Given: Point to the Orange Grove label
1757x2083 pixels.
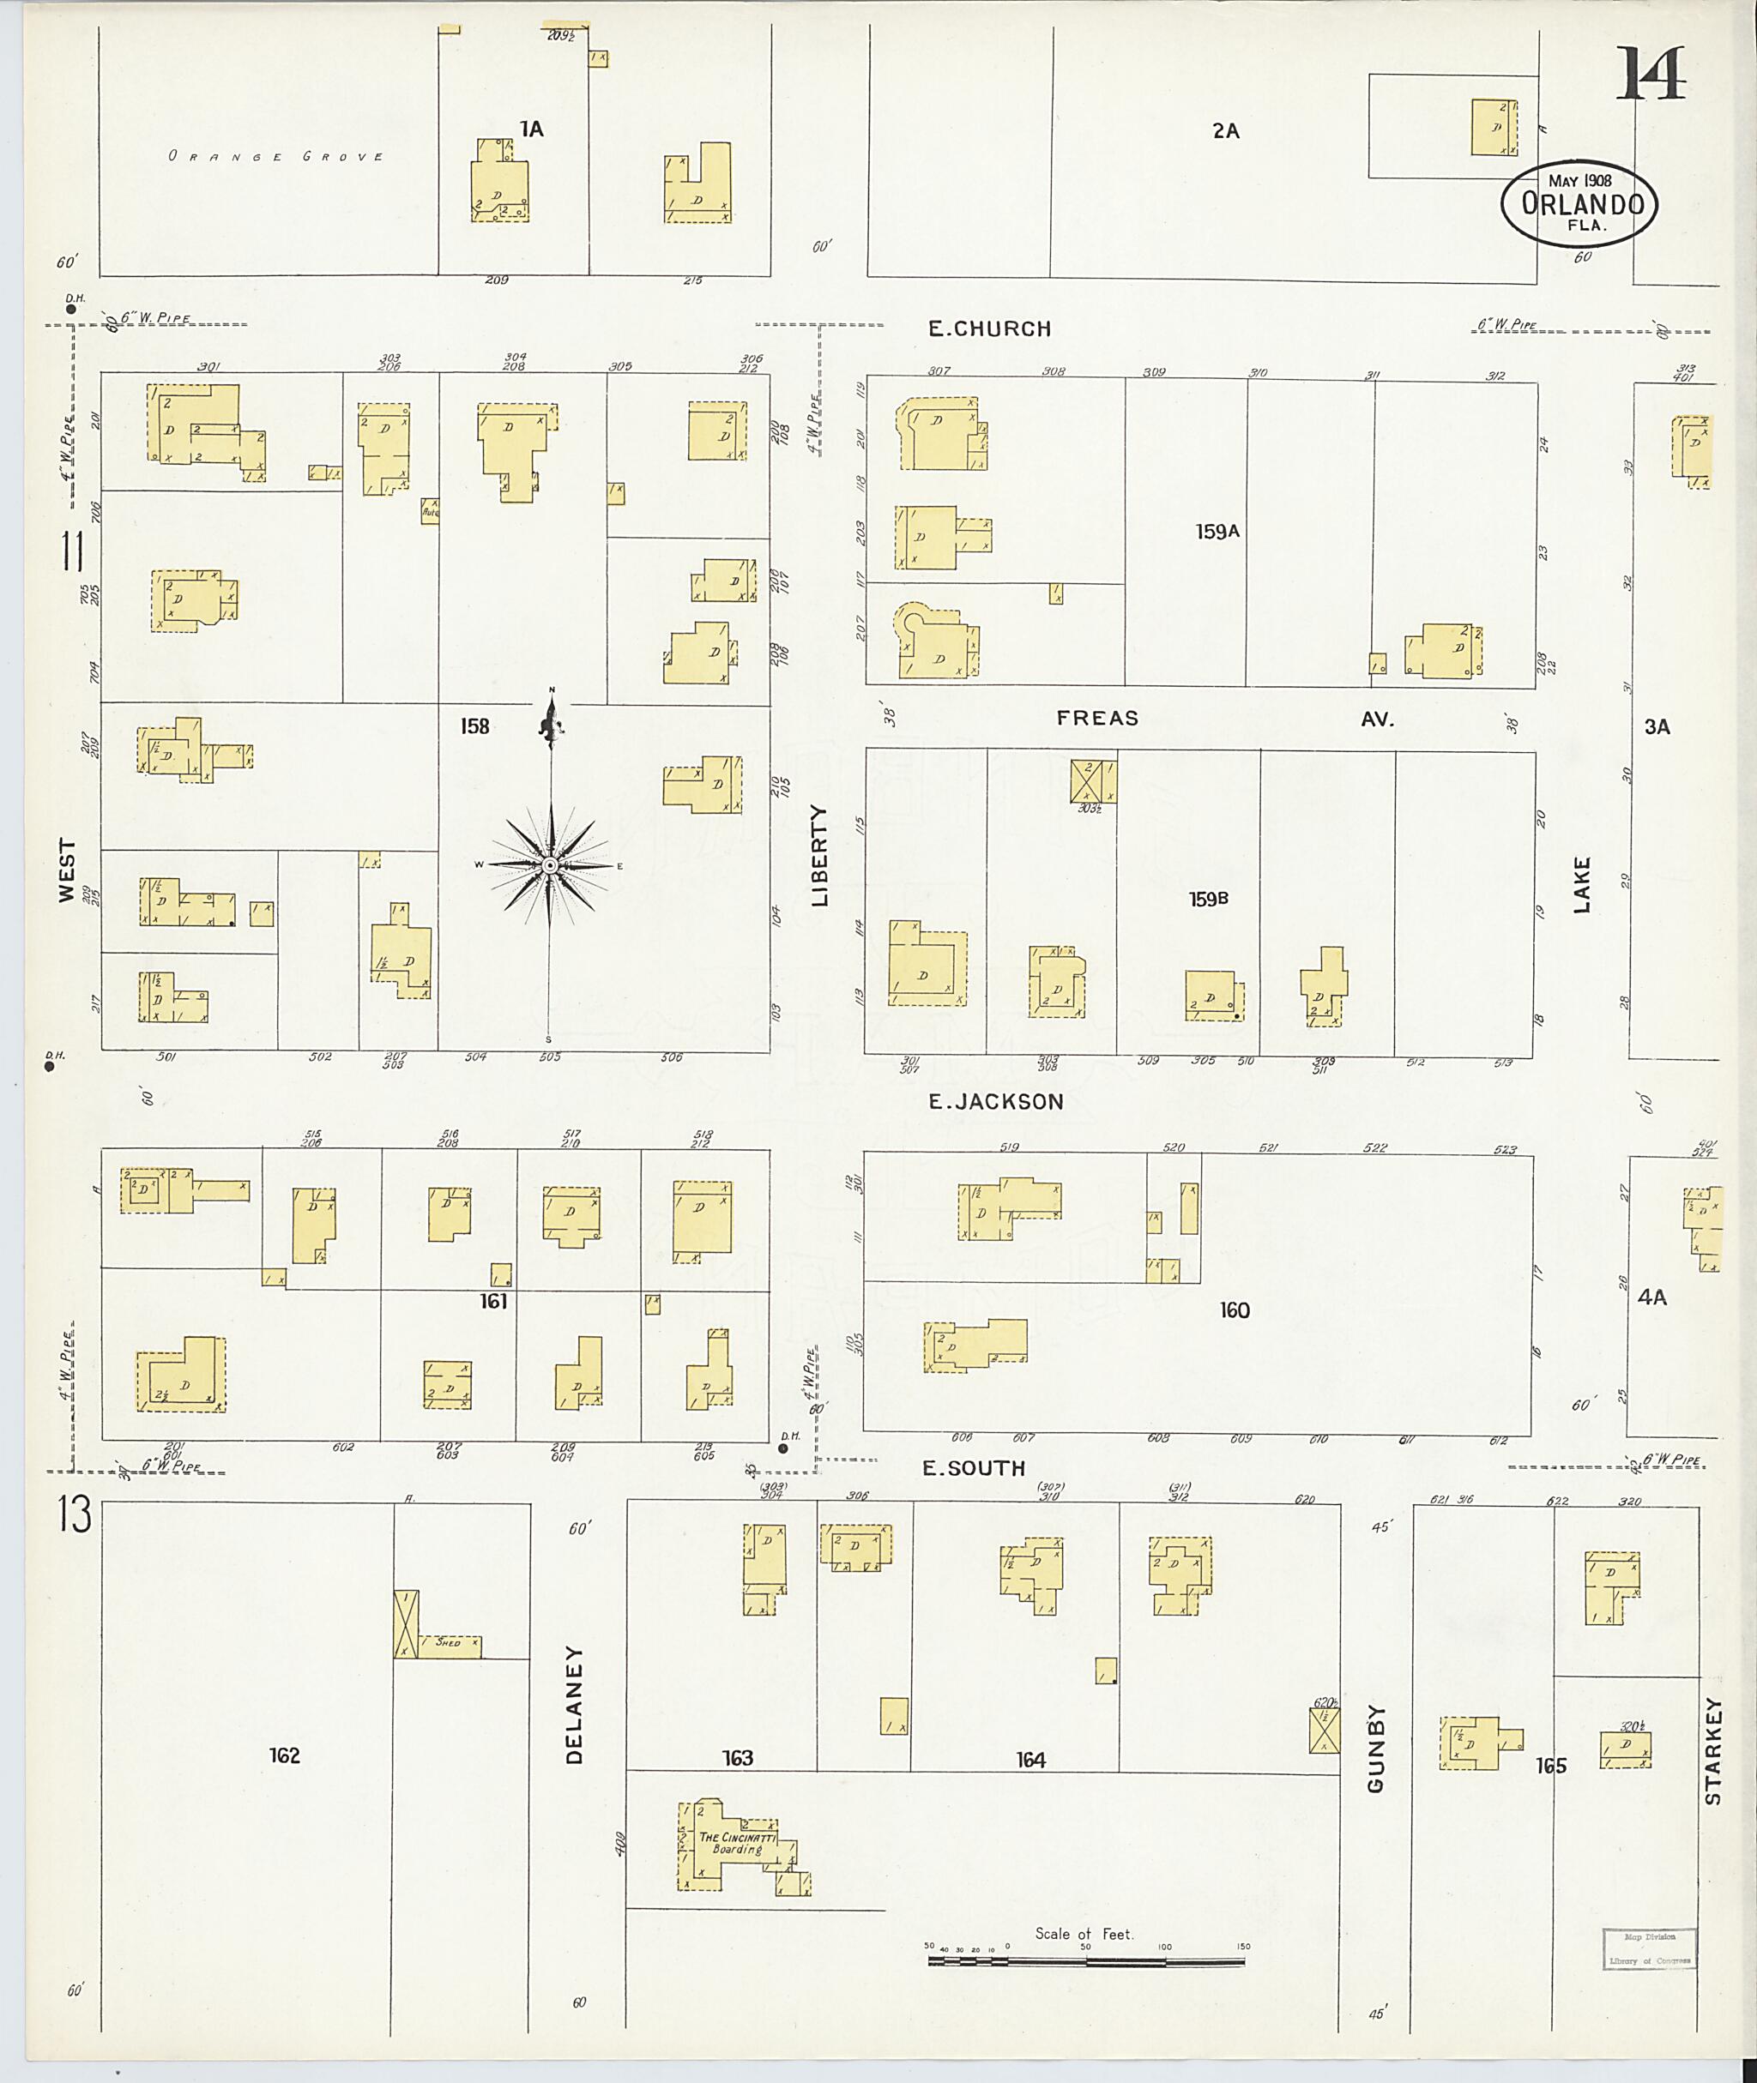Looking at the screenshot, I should (x=276, y=156).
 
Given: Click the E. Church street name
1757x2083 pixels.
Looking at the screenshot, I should (x=989, y=328).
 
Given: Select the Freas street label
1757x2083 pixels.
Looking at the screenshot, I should (x=1097, y=718).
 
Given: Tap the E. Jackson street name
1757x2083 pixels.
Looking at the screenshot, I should (x=995, y=1101).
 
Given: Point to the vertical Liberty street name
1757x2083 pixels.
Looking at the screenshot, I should (x=820, y=855).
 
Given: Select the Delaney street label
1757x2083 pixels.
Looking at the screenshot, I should (x=574, y=1704).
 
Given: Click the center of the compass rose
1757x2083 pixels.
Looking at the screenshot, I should (x=550, y=865).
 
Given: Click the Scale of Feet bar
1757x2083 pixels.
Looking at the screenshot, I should (x=1085, y=1961).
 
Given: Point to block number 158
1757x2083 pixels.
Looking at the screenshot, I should (x=474, y=725).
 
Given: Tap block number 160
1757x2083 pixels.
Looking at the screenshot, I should (x=1234, y=1310).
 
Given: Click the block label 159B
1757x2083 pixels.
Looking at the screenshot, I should (x=1208, y=899).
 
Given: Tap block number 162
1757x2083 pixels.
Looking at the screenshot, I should (x=284, y=1755).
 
